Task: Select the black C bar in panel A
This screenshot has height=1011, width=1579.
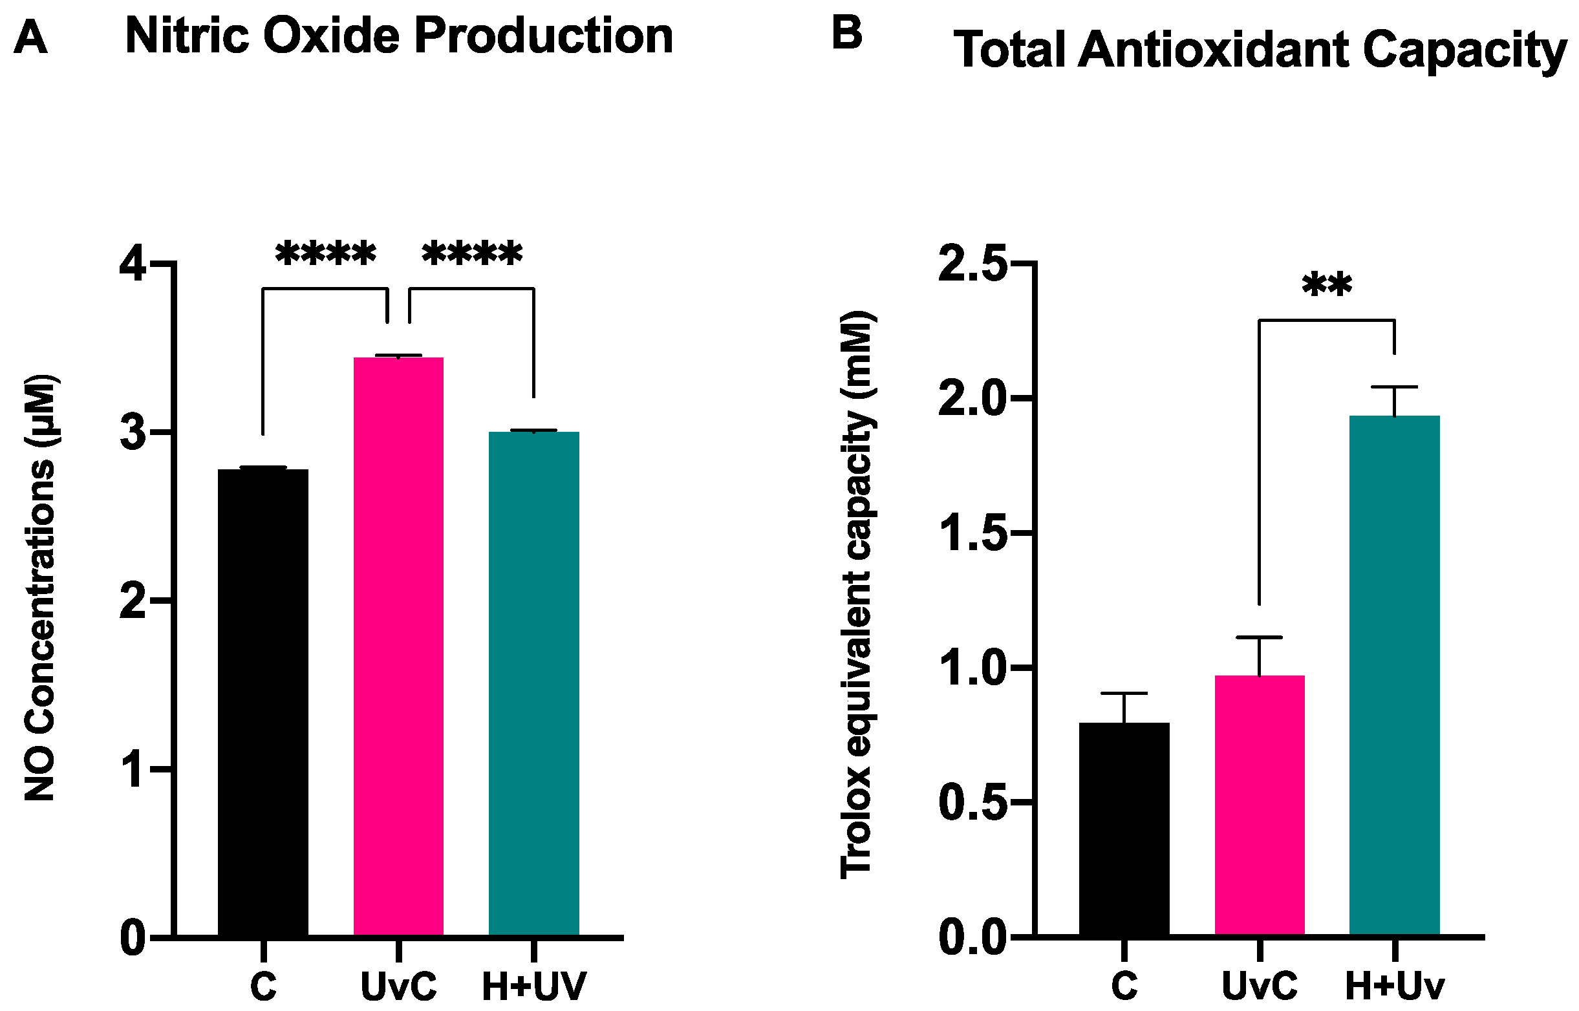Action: pyautogui.click(x=263, y=703)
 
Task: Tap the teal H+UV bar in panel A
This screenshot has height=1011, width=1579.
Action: pyautogui.click(x=534, y=683)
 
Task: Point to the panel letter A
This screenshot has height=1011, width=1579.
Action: pyautogui.click(x=30, y=37)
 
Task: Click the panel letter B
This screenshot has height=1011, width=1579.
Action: pyautogui.click(x=846, y=33)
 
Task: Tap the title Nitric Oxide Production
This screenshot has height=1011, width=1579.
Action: pyautogui.click(x=398, y=36)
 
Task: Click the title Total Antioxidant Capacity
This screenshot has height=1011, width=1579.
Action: pyautogui.click(x=1260, y=50)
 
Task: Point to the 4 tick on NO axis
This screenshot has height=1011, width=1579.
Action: pyautogui.click(x=133, y=264)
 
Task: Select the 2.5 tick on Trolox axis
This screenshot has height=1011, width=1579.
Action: pyautogui.click(x=972, y=264)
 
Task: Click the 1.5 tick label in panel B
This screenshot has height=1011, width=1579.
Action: pyautogui.click(x=972, y=534)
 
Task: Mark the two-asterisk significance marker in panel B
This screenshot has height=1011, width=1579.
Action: pyautogui.click(x=1327, y=286)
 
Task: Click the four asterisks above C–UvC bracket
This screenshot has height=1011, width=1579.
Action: pyautogui.click(x=325, y=255)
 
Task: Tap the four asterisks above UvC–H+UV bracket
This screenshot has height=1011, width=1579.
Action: pyautogui.click(x=472, y=255)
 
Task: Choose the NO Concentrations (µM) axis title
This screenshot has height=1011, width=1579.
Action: pyautogui.click(x=41, y=588)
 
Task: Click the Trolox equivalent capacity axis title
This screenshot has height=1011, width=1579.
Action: pyautogui.click(x=857, y=595)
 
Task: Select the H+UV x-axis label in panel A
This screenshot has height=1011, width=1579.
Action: pyautogui.click(x=534, y=986)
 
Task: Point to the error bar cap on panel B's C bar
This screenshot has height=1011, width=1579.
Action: pyautogui.click(x=1124, y=693)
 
